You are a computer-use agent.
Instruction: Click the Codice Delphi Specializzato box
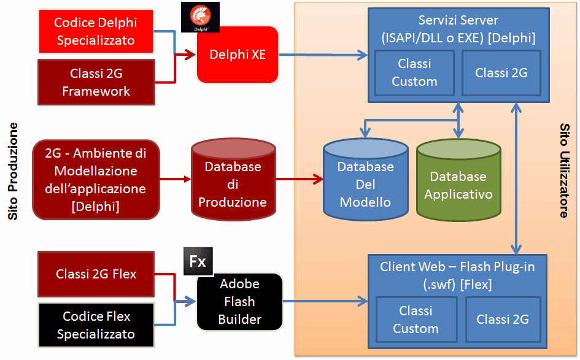(x=95, y=31)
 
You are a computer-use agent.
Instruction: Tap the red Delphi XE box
(x=238, y=55)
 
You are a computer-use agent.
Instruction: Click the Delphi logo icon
(x=200, y=17)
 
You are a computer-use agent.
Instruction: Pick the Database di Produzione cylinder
(x=233, y=180)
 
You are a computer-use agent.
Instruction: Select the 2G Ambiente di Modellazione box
(x=96, y=180)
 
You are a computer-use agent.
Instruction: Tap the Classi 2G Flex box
(x=96, y=274)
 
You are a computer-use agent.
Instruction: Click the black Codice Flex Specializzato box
(x=96, y=325)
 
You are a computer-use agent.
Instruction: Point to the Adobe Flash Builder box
(x=239, y=301)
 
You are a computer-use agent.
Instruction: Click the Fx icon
(x=198, y=261)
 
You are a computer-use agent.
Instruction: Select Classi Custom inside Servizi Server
(x=414, y=72)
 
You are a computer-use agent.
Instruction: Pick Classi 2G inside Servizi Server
(x=501, y=72)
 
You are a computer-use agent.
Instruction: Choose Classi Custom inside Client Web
(x=416, y=320)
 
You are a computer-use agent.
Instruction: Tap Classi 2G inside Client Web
(x=502, y=320)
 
